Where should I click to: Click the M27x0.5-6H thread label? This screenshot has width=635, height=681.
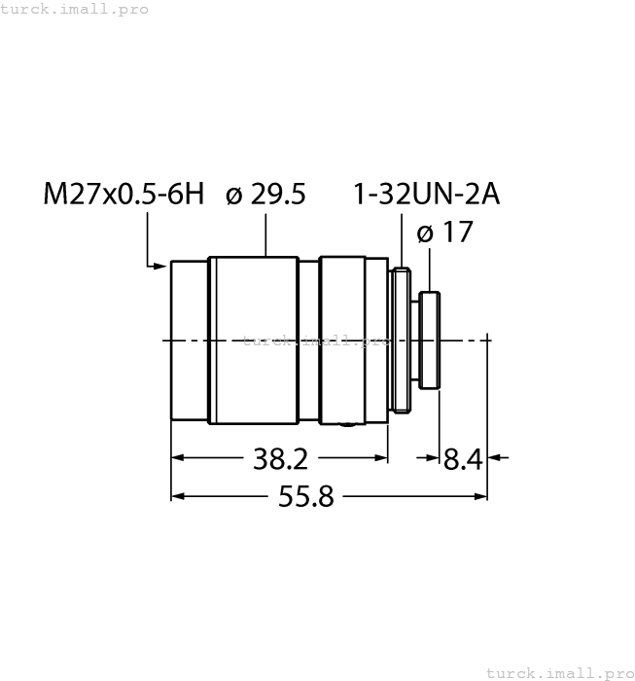[123, 195]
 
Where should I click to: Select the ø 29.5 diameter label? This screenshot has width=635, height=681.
[265, 195]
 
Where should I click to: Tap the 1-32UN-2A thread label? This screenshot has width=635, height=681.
[426, 195]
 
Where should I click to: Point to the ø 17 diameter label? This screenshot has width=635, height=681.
[444, 233]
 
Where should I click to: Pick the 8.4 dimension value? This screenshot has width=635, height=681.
[464, 458]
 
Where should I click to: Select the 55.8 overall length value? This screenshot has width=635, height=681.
[306, 497]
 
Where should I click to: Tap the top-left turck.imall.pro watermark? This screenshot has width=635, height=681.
[75, 9]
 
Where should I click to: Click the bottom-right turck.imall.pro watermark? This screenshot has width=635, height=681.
[558, 672]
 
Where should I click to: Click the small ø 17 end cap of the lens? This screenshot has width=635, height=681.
[431, 340]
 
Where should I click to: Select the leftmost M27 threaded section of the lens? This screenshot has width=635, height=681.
[190, 340]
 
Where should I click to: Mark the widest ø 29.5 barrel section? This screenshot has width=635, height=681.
[254, 340]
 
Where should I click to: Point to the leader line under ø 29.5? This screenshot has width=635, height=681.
[265, 234]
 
